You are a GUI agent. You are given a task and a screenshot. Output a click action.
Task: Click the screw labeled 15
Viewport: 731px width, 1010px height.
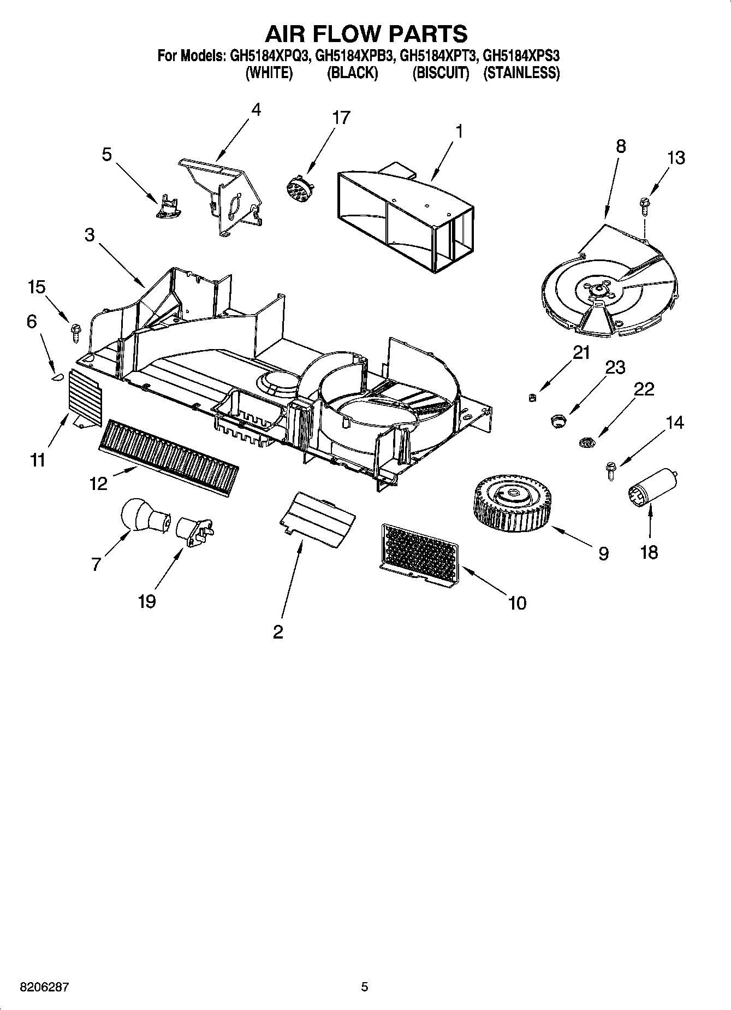75,331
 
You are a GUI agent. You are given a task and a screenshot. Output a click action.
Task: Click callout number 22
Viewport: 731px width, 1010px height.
644,389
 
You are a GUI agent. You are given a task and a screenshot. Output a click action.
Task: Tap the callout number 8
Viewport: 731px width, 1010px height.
621,146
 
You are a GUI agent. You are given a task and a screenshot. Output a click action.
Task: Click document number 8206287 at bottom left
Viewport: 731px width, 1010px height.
37,987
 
